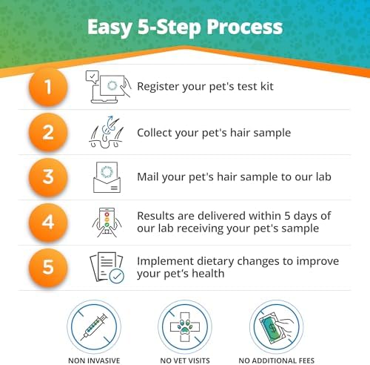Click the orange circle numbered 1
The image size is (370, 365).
click(48, 88)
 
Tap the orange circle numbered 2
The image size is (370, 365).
click(48, 133)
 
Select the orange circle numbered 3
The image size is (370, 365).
click(48, 177)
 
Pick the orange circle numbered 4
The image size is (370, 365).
click(48, 223)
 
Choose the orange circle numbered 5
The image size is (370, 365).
click(48, 268)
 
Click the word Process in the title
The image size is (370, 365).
click(245, 27)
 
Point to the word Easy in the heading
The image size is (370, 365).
click(110, 28)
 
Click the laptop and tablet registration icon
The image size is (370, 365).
click(108, 87)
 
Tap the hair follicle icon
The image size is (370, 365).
click(107, 132)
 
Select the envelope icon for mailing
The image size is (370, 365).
click(107, 177)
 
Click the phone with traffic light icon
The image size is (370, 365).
click(107, 223)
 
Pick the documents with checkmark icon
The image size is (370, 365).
click(107, 268)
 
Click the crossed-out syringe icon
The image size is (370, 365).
click(94, 327)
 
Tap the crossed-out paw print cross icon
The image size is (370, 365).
click(185, 327)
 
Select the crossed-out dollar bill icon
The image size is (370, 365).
click(276, 327)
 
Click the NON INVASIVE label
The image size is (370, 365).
click(94, 361)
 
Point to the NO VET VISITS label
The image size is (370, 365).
click(185, 361)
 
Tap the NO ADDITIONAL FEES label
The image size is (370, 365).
click(277, 361)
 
